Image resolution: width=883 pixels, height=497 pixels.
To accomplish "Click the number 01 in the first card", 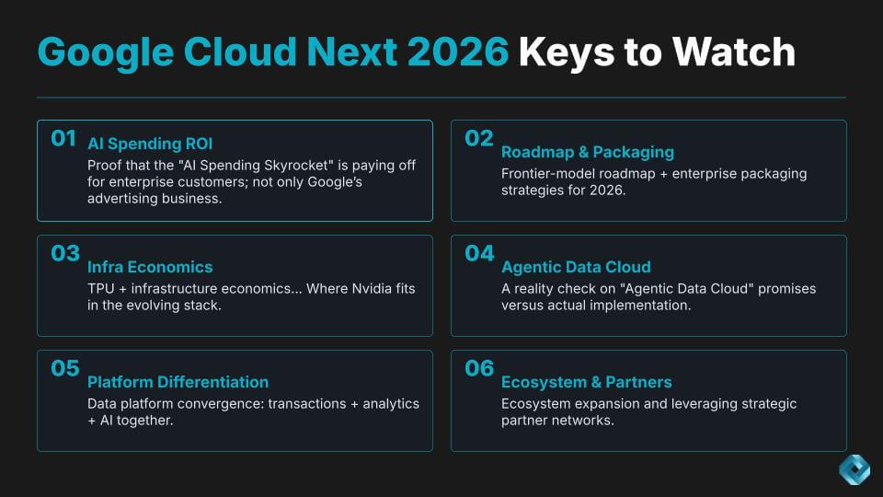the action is click(x=63, y=138).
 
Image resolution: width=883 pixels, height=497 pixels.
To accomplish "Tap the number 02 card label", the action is click(x=478, y=138).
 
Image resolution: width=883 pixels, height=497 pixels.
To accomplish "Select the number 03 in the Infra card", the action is click(x=65, y=253).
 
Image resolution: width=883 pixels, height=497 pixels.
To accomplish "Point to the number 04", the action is click(x=479, y=253).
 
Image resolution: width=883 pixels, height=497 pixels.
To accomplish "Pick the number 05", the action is click(x=65, y=368).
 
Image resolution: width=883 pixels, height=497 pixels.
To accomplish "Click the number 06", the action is click(x=479, y=368).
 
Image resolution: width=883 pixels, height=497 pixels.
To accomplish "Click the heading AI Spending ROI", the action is click(x=150, y=144).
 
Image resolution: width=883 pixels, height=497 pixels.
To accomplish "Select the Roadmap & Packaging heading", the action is click(x=588, y=152).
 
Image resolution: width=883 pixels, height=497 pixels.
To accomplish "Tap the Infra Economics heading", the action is click(x=150, y=267).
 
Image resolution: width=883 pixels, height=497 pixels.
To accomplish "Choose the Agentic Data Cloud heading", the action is click(x=576, y=267).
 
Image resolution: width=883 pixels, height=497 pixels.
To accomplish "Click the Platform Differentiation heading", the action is click(x=178, y=382).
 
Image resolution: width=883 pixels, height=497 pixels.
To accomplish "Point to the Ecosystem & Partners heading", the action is click(x=586, y=382).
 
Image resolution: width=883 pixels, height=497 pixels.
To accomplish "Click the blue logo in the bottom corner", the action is click(x=854, y=469).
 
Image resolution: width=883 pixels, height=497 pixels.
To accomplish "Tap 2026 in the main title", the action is click(x=458, y=52).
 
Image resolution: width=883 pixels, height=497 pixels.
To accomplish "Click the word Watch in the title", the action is click(x=734, y=52).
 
